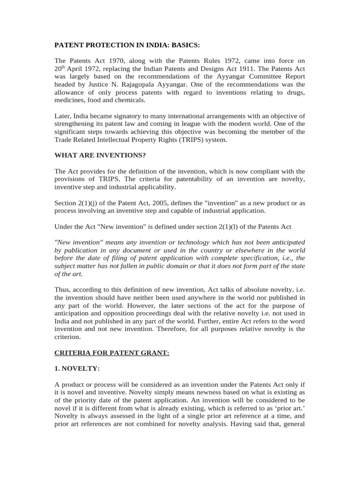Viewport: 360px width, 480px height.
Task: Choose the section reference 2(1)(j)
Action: (x=91, y=203)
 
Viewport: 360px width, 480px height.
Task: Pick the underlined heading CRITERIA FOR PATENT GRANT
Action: (x=112, y=352)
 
